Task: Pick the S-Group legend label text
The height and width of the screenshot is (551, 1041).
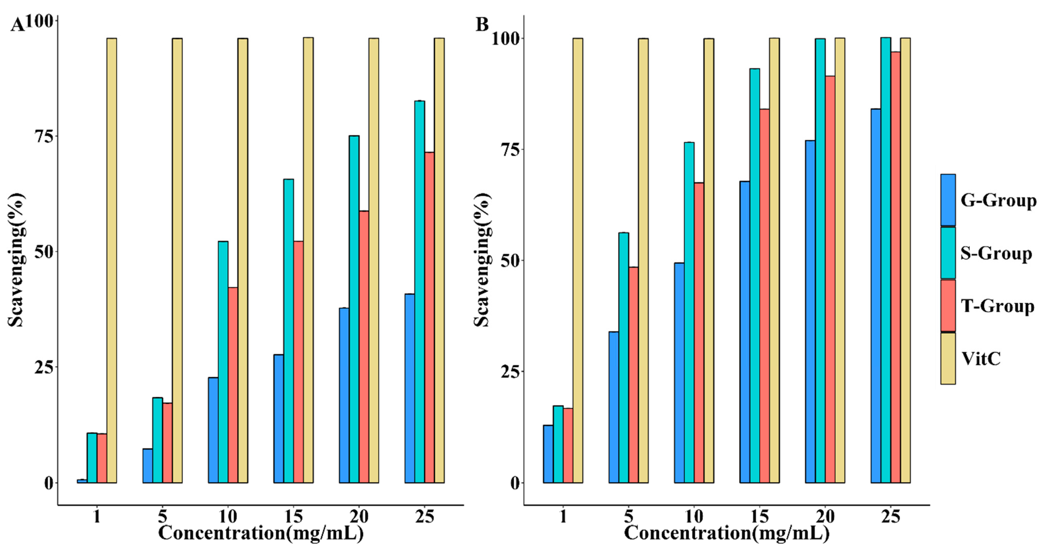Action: click(996, 254)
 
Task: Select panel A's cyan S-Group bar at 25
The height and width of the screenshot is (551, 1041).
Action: click(419, 291)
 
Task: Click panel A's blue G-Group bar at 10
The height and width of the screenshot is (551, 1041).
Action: click(213, 430)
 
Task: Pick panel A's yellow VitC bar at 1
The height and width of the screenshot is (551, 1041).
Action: click(111, 260)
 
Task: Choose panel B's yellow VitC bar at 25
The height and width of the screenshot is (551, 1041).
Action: click(905, 260)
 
